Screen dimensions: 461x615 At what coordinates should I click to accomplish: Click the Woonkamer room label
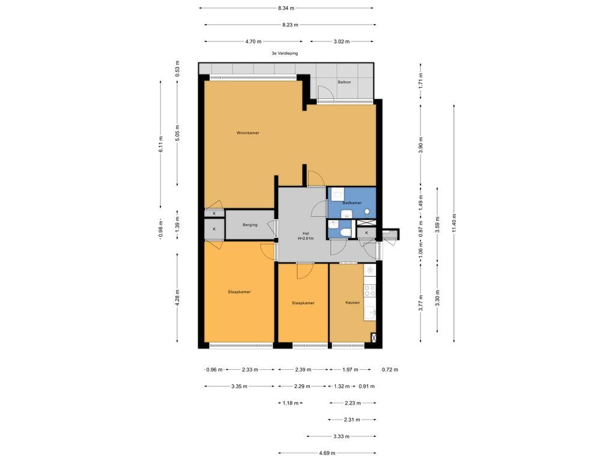tap(247, 133)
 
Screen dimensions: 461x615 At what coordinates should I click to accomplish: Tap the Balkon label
tap(344, 82)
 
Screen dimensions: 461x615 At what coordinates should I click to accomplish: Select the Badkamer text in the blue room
tap(351, 203)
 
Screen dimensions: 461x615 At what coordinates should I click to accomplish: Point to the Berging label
tap(250, 225)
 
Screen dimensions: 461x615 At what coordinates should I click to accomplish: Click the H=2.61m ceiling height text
tap(306, 238)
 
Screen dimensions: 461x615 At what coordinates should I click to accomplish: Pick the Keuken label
tap(353, 303)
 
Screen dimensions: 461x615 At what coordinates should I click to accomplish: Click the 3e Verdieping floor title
tap(285, 53)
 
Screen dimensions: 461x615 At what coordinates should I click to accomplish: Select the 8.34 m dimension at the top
tap(286, 8)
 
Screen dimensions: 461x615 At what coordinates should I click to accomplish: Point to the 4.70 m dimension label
tap(253, 41)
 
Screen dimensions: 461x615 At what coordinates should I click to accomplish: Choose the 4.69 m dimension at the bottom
tap(327, 453)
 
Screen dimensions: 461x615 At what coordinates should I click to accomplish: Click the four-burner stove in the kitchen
tap(370, 291)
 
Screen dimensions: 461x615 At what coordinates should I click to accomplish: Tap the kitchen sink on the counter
tap(371, 312)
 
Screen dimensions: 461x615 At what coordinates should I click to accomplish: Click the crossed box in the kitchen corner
tap(374, 338)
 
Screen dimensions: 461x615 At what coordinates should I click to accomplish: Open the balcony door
tap(326, 92)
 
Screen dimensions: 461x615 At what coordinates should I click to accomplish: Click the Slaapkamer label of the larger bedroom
tap(239, 292)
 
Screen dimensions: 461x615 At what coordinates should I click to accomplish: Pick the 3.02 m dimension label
tap(342, 41)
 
